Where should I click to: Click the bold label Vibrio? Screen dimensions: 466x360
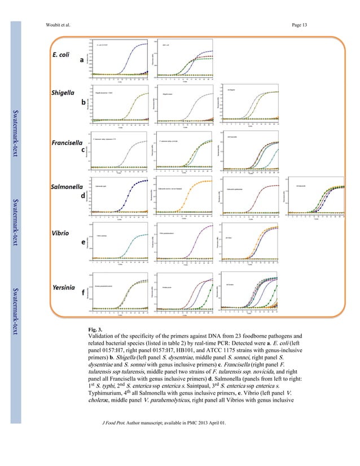[x=62, y=232]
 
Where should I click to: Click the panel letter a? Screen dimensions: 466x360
[x=82, y=59]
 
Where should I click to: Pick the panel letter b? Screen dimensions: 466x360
[x=84, y=103]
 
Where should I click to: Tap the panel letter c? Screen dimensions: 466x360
[x=84, y=150]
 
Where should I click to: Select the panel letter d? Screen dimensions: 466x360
[x=84, y=195]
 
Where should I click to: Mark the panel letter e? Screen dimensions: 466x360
[x=84, y=242]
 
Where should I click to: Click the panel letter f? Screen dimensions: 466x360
[x=84, y=293]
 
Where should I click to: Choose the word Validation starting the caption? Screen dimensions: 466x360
[x=103, y=336]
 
